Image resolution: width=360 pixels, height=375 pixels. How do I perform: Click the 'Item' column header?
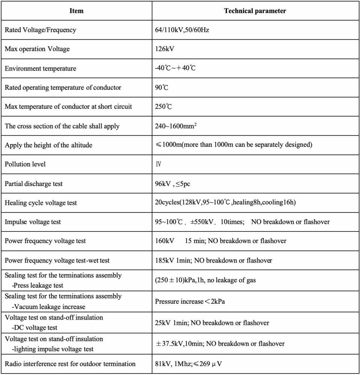point(76,11)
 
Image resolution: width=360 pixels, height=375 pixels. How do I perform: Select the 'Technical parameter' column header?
point(255,11)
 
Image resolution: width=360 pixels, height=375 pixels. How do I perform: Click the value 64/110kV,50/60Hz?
point(182,30)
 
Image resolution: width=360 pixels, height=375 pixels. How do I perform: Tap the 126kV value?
point(165,49)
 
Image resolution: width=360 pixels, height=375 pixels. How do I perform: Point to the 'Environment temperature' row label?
point(40,69)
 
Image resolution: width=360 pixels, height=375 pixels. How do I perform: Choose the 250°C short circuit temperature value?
point(163,106)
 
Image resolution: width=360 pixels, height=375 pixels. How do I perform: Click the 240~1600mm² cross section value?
point(176,126)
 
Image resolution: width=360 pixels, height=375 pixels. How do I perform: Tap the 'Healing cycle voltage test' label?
point(41,203)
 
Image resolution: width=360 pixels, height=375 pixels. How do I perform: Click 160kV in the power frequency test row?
point(164,241)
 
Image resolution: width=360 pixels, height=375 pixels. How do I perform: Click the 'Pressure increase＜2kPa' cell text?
point(190,301)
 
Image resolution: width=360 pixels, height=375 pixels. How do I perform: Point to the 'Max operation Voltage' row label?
point(37,49)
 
